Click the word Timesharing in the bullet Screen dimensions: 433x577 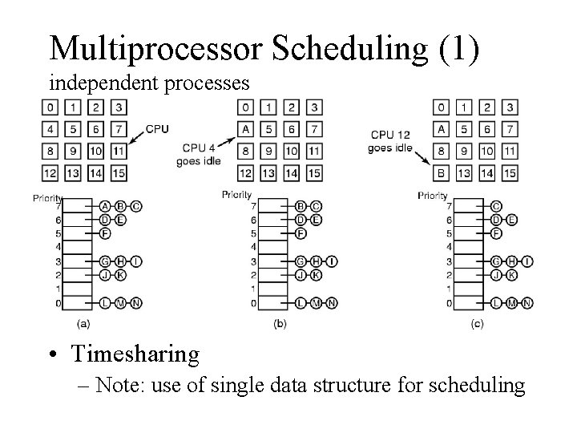pyautogui.click(x=135, y=352)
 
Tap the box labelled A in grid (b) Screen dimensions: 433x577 pyautogui.click(x=248, y=129)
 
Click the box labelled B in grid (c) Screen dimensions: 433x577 pyautogui.click(x=442, y=172)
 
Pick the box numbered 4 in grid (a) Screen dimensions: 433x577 pyautogui.click(x=50, y=129)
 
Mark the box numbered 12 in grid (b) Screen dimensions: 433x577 pyautogui.click(x=248, y=172)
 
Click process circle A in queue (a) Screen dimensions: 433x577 pyautogui.click(x=106, y=206)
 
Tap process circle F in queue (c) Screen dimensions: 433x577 pyautogui.click(x=497, y=233)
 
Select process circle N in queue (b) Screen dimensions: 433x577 pyautogui.click(x=332, y=302)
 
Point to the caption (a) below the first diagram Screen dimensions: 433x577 pyautogui.click(x=83, y=323)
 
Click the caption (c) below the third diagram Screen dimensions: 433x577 pyautogui.click(x=477, y=323)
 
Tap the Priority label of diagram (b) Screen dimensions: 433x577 pyautogui.click(x=237, y=194)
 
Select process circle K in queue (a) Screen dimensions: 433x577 pyautogui.click(x=121, y=275)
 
